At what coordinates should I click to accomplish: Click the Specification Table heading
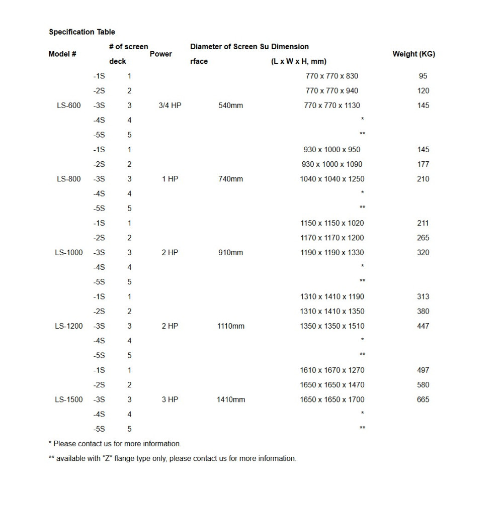pyautogui.click(x=81, y=32)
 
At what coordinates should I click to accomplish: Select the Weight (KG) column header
pyautogui.click(x=413, y=54)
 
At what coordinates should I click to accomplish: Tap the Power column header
pyautogui.click(x=161, y=54)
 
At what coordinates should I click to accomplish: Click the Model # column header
pyautogui.click(x=62, y=54)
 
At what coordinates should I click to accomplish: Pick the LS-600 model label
pyautogui.click(x=69, y=106)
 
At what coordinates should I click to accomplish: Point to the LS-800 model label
pyautogui.click(x=69, y=179)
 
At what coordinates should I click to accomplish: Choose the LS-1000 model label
pyautogui.click(x=69, y=252)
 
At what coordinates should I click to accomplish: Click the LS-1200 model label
pyautogui.click(x=69, y=326)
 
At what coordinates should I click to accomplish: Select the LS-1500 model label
pyautogui.click(x=69, y=399)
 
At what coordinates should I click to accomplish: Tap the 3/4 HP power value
pyautogui.click(x=170, y=106)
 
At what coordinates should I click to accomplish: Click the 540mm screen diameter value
pyautogui.click(x=231, y=106)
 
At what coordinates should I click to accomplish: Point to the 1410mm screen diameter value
pyautogui.click(x=231, y=399)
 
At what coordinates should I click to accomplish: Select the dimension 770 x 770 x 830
pyautogui.click(x=332, y=76)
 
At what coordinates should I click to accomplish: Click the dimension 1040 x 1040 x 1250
pyautogui.click(x=332, y=179)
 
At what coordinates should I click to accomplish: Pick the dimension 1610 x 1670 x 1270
pyautogui.click(x=332, y=370)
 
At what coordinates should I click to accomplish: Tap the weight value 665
pyautogui.click(x=423, y=399)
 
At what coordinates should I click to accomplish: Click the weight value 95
pyautogui.click(x=423, y=76)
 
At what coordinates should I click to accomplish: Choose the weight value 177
pyautogui.click(x=423, y=164)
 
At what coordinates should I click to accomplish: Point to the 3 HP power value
pyautogui.click(x=170, y=399)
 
